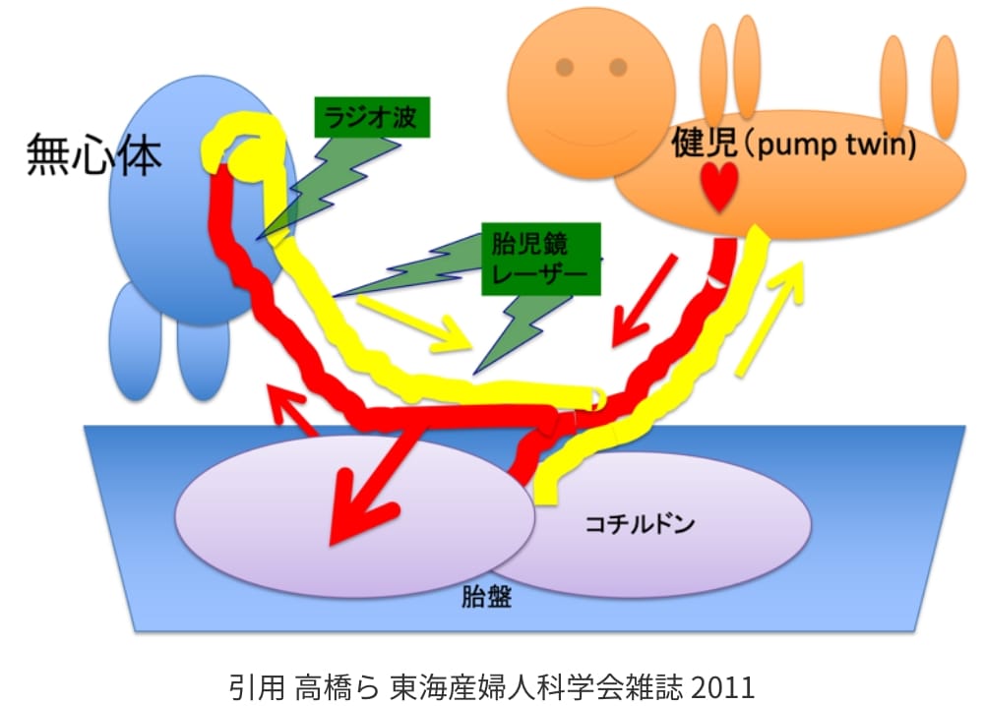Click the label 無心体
tap(93, 154)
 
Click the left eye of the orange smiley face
tap(565, 67)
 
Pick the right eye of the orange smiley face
tap(618, 67)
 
